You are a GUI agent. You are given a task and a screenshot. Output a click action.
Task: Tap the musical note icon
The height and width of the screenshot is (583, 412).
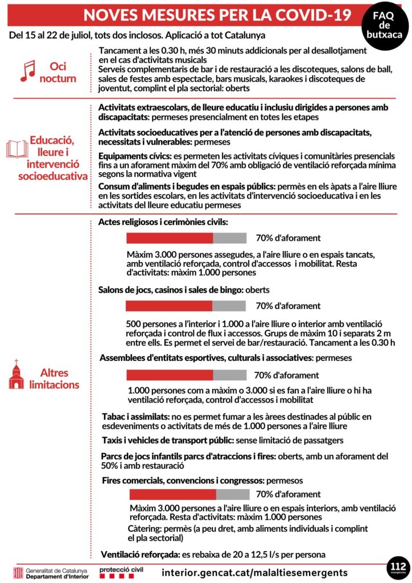click(x=27, y=70)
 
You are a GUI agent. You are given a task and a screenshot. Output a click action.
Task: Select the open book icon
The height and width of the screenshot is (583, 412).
click(x=17, y=149)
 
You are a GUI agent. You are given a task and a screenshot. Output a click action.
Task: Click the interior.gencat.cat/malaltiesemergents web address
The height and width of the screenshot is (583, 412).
click(x=254, y=572)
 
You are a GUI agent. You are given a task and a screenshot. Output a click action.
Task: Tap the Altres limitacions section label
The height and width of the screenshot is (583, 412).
click(x=59, y=379)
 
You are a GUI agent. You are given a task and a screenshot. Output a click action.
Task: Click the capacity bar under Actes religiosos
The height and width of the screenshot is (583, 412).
click(x=186, y=238)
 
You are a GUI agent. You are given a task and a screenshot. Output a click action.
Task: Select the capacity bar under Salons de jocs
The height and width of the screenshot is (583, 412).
click(x=186, y=306)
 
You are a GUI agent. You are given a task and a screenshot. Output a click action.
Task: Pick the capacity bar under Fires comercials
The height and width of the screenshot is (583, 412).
click(x=189, y=494)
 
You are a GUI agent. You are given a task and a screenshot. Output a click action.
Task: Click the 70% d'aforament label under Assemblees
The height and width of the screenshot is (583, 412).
click(x=286, y=375)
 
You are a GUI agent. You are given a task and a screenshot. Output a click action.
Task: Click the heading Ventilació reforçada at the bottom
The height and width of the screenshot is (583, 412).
click(x=140, y=554)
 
